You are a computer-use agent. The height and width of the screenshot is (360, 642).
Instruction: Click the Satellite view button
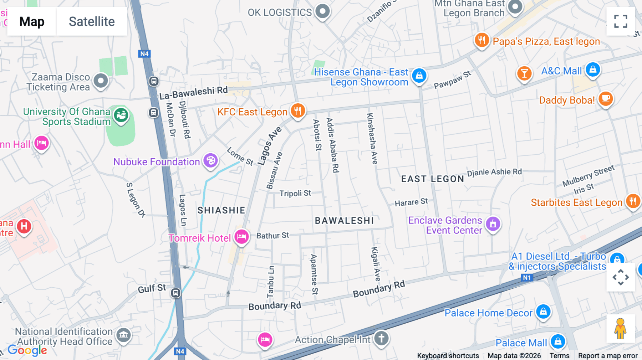pos(92,21)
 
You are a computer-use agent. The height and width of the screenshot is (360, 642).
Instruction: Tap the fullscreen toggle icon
pos(621,21)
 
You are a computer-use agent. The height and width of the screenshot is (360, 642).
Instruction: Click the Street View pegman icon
pos(620,329)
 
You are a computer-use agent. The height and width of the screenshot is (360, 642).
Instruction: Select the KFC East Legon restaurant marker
pos(297,110)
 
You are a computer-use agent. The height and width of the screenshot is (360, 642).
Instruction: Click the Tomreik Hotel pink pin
pos(241,237)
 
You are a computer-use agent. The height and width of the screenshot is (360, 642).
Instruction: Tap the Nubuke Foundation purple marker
pos(210,161)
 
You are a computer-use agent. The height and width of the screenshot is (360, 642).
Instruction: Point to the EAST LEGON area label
pos(432,179)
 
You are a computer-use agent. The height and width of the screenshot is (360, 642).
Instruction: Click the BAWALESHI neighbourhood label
pos(344,221)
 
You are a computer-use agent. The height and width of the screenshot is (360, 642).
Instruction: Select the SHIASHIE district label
pos(221,210)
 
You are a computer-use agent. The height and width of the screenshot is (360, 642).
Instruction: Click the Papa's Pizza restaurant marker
pos(481,40)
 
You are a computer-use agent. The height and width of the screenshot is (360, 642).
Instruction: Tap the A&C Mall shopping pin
pos(593,70)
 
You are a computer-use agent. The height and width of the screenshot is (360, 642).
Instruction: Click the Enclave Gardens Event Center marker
pos(493,224)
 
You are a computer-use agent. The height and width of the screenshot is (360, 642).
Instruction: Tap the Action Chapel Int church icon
pos(381,338)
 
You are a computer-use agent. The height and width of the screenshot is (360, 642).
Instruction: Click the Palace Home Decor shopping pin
pos(543,312)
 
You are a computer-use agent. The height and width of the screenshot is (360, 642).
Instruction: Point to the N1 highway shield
pos(527,278)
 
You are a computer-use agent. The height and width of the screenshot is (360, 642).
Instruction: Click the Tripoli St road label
pos(295,193)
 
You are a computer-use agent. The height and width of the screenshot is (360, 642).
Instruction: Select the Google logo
pos(27,350)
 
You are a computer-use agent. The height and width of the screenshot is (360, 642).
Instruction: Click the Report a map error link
pos(607,356)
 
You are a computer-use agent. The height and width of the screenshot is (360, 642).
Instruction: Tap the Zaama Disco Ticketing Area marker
pos(101,81)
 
